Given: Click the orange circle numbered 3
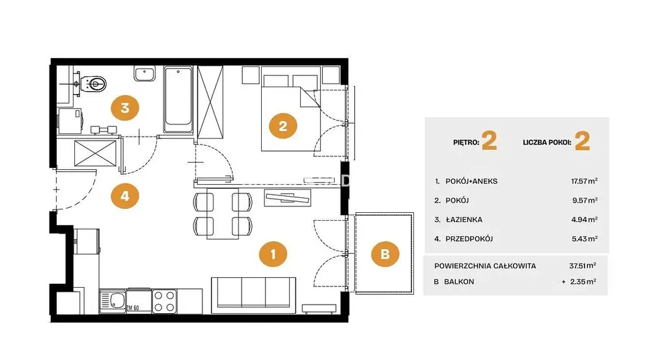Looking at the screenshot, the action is [x=125, y=108].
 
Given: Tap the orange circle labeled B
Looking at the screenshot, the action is [x=385, y=254].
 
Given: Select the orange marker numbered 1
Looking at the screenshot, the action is [x=273, y=254].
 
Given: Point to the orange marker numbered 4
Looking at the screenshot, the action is [x=125, y=195].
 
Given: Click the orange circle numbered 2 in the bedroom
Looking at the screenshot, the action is [x=283, y=126].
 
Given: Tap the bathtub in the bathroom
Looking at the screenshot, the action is [x=178, y=99].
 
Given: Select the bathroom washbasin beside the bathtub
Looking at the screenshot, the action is [x=145, y=74].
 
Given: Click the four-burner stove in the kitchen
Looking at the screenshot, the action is [x=165, y=301].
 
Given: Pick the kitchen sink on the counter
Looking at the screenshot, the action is [x=113, y=301].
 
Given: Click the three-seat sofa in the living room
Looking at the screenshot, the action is [x=254, y=295].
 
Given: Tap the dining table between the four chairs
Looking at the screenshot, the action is [x=223, y=214].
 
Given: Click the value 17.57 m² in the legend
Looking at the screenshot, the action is [x=584, y=180].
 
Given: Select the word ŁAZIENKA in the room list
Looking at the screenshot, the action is [x=464, y=219].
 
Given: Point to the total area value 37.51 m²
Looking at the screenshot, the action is [x=583, y=266].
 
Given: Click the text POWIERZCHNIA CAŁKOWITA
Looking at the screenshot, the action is [x=485, y=266].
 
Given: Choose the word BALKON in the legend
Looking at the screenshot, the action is [x=459, y=281].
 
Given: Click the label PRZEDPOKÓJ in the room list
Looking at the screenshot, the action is [x=469, y=239].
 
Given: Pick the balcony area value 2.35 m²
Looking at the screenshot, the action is [x=583, y=281].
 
